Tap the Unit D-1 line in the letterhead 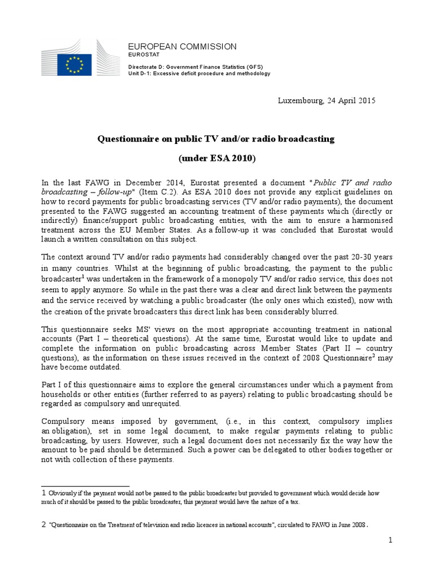coord(199,73)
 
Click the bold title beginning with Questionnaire coord(217,138)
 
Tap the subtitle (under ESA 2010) coord(217,159)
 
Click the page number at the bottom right coord(389,541)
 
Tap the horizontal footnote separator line coord(86,486)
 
